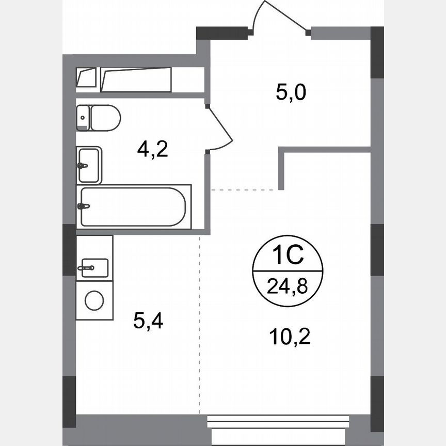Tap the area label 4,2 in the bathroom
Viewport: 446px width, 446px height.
click(153, 149)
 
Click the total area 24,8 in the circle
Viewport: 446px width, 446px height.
click(288, 285)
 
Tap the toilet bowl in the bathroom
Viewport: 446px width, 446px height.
click(106, 118)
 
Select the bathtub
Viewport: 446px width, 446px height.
click(133, 206)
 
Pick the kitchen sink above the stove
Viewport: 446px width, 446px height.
click(93, 267)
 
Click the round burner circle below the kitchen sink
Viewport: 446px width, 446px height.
click(94, 300)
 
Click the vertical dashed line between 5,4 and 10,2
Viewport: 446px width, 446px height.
click(200, 325)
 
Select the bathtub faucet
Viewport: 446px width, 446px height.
click(83, 206)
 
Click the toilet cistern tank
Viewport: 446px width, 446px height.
click(83, 118)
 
